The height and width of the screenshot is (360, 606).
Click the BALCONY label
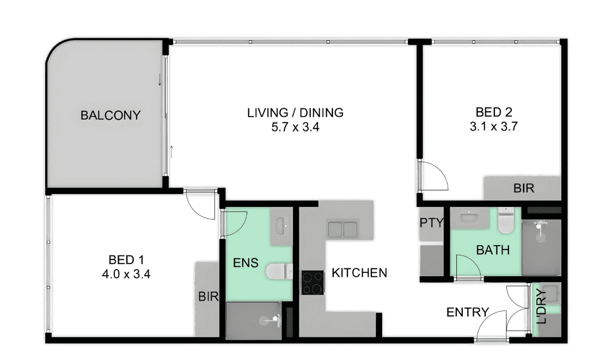click(x=110, y=115)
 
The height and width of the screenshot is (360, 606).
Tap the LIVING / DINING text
click(x=295, y=113)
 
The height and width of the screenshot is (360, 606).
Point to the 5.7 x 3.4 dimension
click(x=295, y=127)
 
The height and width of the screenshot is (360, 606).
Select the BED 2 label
click(x=493, y=112)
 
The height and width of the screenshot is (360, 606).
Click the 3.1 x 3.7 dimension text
click(x=493, y=126)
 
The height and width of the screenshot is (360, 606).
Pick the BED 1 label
click(x=126, y=259)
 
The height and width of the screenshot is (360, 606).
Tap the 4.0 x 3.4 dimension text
click(x=126, y=274)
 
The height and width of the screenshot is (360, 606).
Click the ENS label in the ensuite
click(x=246, y=263)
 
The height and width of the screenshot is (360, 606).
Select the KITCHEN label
click(x=359, y=273)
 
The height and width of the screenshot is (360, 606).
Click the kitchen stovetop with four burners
click(x=313, y=283)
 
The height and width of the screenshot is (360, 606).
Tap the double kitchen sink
click(x=342, y=229)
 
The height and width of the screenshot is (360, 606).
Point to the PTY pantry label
click(x=431, y=223)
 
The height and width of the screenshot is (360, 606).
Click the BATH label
click(x=493, y=250)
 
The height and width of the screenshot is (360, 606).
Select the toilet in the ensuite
click(x=278, y=271)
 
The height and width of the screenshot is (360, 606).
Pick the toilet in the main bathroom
click(x=505, y=221)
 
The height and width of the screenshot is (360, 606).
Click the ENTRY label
click(x=467, y=312)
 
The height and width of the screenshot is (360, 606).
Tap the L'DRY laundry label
click(x=542, y=306)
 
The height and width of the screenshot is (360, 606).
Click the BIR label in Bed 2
click(x=524, y=188)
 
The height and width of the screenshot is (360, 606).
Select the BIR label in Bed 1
click(x=209, y=297)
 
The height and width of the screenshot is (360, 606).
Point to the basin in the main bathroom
click(x=470, y=217)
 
